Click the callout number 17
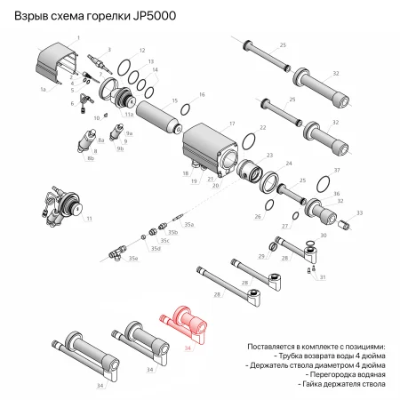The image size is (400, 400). pyautogui.click(x=232, y=123)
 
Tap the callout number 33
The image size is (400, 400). pyautogui.click(x=358, y=212)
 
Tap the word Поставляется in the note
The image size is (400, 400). pyautogui.click(x=274, y=344)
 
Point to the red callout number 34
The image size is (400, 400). pyautogui.click(x=187, y=348)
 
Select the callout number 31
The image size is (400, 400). pyautogui.click(x=323, y=277)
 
